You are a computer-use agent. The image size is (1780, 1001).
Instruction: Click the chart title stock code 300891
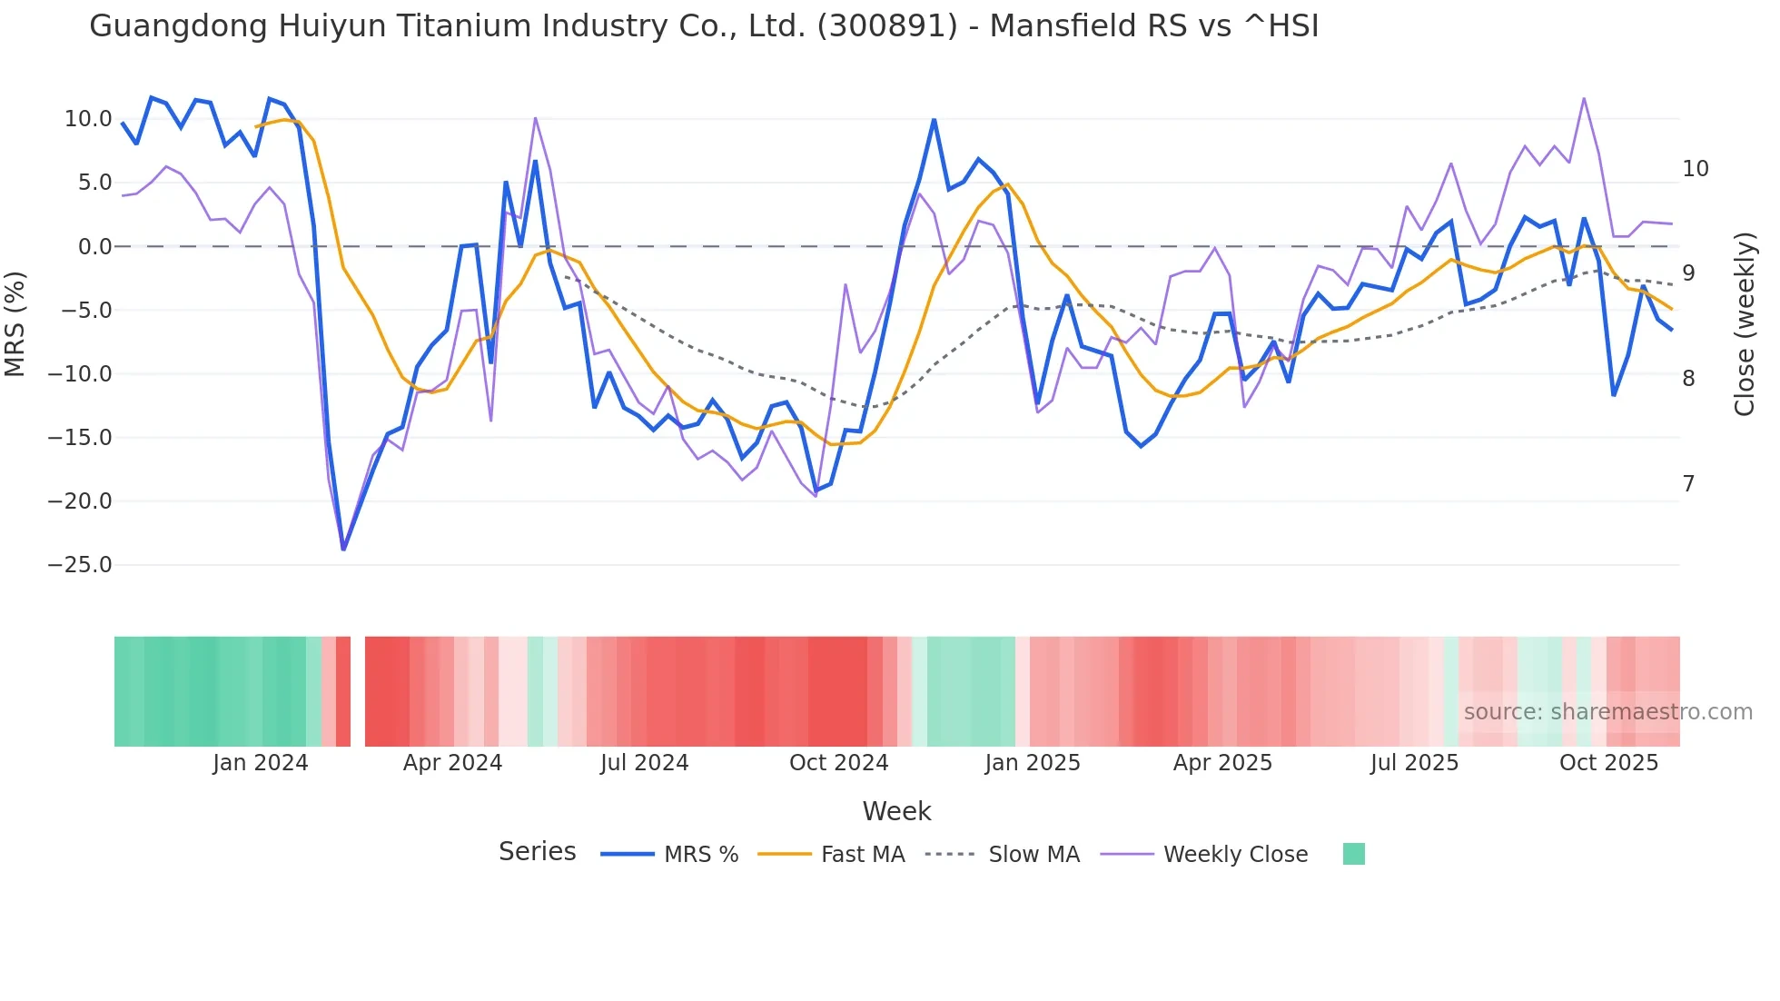coord(887,26)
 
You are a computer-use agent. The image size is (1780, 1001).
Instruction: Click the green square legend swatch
coord(1353,854)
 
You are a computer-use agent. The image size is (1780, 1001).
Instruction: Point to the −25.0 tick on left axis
coord(80,565)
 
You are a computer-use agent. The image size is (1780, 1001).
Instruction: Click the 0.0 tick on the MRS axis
coord(94,247)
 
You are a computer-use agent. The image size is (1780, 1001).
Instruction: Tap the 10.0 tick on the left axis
coord(88,119)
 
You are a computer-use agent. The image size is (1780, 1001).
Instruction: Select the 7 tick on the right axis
coord(1688,484)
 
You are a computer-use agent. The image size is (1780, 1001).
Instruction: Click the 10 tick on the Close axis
coord(1695,169)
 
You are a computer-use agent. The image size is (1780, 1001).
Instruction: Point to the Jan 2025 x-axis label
coord(1033,763)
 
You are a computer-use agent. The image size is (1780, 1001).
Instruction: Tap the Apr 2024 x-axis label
coord(452,763)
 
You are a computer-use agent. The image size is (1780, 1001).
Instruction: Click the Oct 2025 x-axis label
coord(1608,763)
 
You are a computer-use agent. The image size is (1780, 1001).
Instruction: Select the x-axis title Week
coord(896,811)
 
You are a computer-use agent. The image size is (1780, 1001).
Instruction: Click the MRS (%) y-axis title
coord(15,323)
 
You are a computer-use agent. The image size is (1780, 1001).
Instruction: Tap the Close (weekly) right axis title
coord(1745,323)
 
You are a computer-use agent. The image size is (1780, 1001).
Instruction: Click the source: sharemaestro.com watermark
coord(1607,712)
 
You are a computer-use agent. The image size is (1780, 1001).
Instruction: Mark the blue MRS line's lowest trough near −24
coord(343,549)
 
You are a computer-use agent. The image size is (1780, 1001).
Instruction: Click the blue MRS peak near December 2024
coord(934,120)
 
